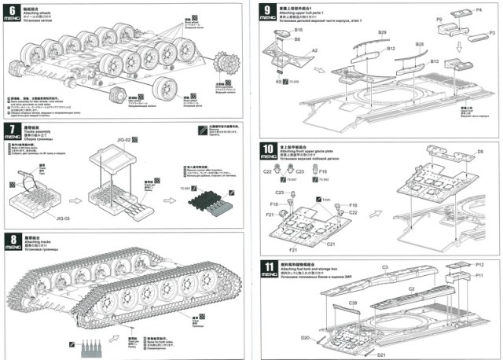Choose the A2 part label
click(x=314, y=50)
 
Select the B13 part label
click(x=435, y=61)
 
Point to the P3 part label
click(x=491, y=33)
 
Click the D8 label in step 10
click(x=479, y=151)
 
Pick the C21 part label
click(x=331, y=244)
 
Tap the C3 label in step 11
click(x=385, y=268)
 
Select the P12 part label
click(x=479, y=265)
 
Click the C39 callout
click(x=353, y=303)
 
